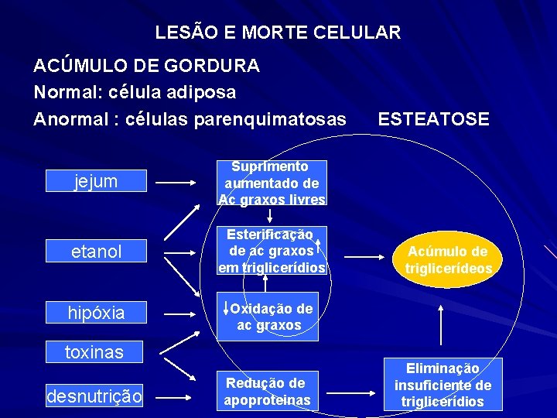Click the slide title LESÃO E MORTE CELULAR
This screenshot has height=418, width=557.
[x=278, y=33]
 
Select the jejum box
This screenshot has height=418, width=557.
[x=96, y=182]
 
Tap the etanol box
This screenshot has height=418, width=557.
[x=96, y=252]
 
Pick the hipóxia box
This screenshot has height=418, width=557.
[x=96, y=313]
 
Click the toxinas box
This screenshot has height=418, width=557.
[x=94, y=352]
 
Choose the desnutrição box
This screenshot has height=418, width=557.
[x=94, y=397]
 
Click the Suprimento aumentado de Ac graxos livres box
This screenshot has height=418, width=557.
[x=272, y=183]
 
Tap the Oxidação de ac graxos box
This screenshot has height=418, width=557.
[x=272, y=317]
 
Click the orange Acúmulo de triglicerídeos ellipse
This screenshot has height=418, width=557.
[x=448, y=259]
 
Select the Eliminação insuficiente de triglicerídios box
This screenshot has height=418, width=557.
[x=443, y=385]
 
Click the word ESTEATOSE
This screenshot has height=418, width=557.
[x=433, y=119]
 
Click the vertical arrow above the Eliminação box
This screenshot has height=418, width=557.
[x=441, y=324]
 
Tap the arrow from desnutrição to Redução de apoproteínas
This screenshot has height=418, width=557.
[x=182, y=397]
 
